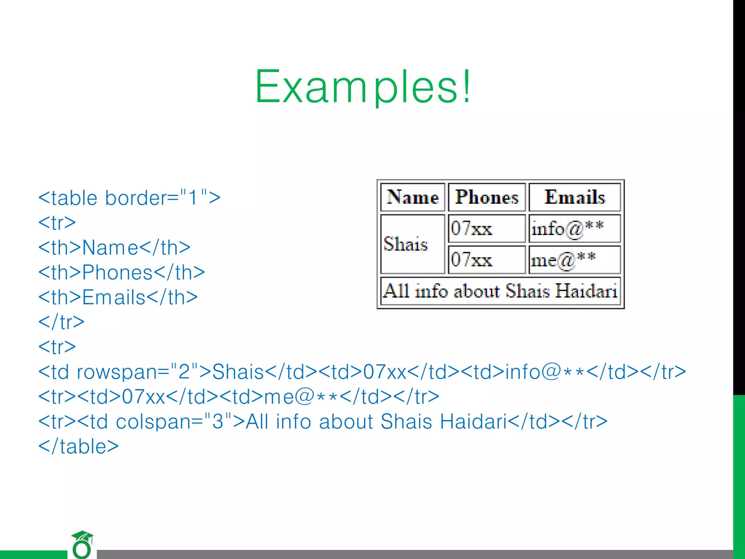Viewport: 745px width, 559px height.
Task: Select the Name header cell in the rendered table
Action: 413,197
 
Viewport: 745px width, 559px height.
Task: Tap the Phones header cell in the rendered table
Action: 487,197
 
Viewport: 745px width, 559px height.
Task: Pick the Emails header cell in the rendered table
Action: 574,197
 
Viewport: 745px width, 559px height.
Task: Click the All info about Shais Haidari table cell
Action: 500,291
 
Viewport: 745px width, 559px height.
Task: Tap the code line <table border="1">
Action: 130,198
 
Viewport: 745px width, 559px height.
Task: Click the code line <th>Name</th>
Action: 114,248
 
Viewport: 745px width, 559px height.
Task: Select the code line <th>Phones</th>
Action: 121,273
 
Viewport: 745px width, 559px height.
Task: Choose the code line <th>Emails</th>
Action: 118,297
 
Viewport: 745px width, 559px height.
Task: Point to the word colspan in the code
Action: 159,422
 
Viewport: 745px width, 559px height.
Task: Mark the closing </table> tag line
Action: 79,447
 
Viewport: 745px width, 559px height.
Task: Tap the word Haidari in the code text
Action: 473,422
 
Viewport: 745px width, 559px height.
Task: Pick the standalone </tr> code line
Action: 61,322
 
